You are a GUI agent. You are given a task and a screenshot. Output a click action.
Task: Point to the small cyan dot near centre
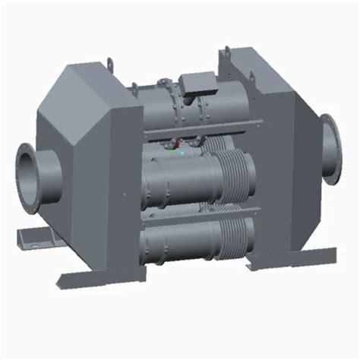pyautogui.click(x=182, y=152)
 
